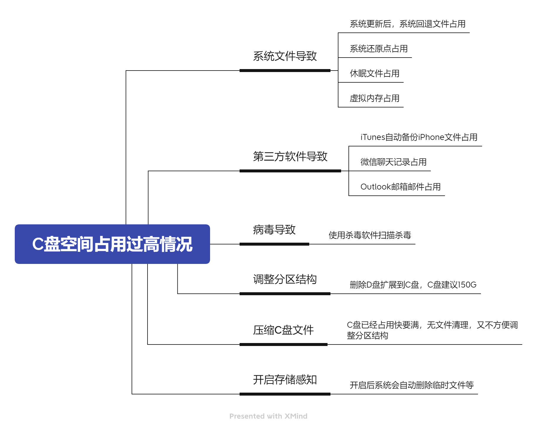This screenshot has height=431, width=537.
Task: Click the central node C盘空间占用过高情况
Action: coord(112,244)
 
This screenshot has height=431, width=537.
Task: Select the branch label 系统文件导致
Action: coord(285,56)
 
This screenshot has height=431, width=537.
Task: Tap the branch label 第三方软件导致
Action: coord(290,156)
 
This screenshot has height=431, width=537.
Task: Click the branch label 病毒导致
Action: coord(274,230)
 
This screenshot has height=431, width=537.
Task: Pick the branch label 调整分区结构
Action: coord(285,279)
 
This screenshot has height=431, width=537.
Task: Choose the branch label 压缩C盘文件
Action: coord(284,330)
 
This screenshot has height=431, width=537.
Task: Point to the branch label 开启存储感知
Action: coord(285,380)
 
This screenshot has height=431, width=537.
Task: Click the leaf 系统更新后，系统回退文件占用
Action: coord(408,24)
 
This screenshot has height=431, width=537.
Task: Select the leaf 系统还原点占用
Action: coord(379,49)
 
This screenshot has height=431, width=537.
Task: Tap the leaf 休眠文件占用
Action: coord(375,74)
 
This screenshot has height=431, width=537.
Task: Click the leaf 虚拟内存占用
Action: coord(375,98)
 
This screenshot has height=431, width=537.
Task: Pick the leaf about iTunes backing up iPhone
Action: coord(419,137)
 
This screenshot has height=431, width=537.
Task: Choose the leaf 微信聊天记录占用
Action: coord(394,162)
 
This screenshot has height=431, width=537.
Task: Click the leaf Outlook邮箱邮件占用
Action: coord(401,187)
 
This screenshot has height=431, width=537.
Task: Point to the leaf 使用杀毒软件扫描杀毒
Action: coord(370,235)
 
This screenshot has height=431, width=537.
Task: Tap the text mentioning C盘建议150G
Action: coord(413,285)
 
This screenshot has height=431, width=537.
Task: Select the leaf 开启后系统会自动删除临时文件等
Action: coord(412,385)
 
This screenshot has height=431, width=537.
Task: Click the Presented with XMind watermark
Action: coord(268,416)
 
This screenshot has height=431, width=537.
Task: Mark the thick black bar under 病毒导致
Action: coord(274,244)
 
